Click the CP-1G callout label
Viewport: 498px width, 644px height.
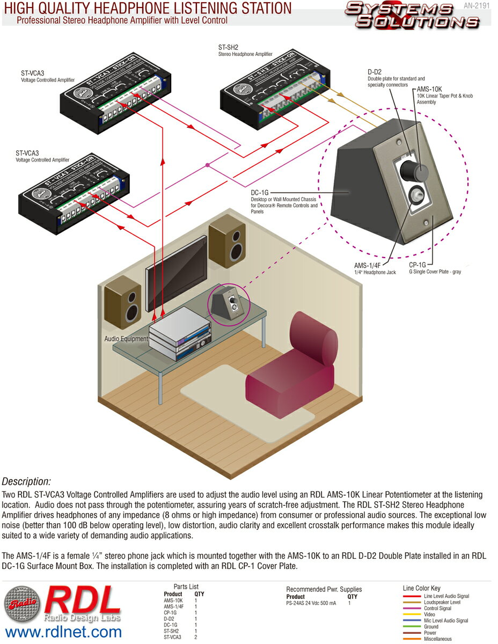coord(417,265)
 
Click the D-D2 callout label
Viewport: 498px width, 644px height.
coord(374,71)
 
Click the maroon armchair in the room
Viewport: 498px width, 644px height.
coord(290,360)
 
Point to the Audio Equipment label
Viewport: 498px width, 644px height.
coord(126,339)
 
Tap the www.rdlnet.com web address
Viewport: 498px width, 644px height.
coord(63,632)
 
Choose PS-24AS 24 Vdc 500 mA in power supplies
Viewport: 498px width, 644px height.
coord(311,603)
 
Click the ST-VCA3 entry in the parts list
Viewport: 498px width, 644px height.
coord(172,638)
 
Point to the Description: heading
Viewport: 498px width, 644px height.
coord(27,481)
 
